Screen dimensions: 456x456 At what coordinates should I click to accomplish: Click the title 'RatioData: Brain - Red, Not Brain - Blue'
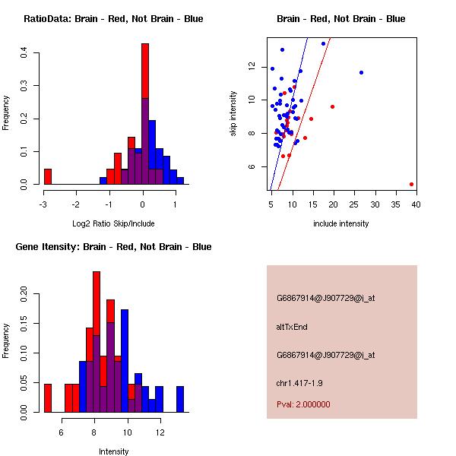pyautogui.click(x=113, y=19)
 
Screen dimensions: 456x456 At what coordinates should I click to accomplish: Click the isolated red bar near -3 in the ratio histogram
pyautogui.click(x=48, y=176)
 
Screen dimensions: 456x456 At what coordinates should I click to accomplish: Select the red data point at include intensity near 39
pyautogui.click(x=411, y=184)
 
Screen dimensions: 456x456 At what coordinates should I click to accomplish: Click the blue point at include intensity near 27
pyautogui.click(x=361, y=72)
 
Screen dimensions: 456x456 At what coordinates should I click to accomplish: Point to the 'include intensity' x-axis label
pyautogui.click(x=341, y=223)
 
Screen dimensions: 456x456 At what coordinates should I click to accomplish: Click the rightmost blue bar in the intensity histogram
pyautogui.click(x=180, y=399)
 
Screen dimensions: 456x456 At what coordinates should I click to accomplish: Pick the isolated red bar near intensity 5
pyautogui.click(x=48, y=397)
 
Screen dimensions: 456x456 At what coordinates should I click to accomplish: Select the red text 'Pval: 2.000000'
pyautogui.click(x=303, y=404)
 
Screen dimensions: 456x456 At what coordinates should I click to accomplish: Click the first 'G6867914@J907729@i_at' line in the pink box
pyautogui.click(x=325, y=298)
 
